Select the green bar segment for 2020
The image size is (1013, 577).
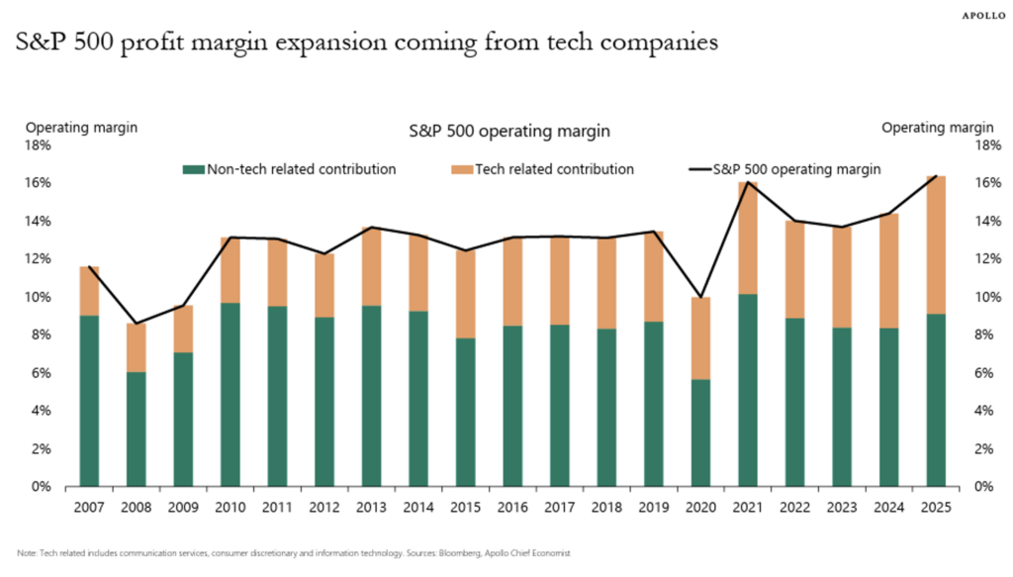pos(699,433)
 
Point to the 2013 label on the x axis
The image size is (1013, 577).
pos(372,506)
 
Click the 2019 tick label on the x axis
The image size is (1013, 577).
pos(653,506)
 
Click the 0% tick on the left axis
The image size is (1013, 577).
pos(40,486)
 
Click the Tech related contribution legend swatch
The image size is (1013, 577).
pos(460,169)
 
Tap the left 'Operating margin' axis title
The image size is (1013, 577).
pos(81,127)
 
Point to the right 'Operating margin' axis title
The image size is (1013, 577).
pos(937,127)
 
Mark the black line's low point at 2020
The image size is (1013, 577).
pos(700,297)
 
